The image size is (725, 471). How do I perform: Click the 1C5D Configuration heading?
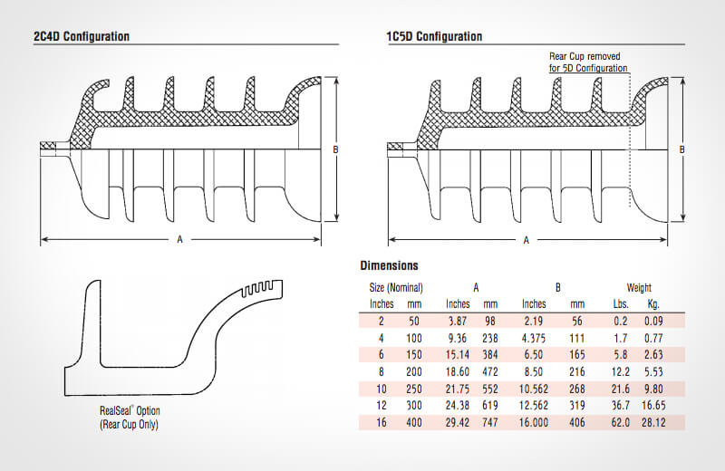pos(434,37)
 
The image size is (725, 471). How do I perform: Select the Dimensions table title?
pos(389,265)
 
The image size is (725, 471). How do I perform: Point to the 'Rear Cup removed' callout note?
pos(588,62)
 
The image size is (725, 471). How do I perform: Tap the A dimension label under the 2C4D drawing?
pos(179,239)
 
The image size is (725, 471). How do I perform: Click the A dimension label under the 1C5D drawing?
pos(527,239)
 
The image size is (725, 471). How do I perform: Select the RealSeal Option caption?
pos(135,416)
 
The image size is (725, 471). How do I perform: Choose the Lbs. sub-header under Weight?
pos(623,303)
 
